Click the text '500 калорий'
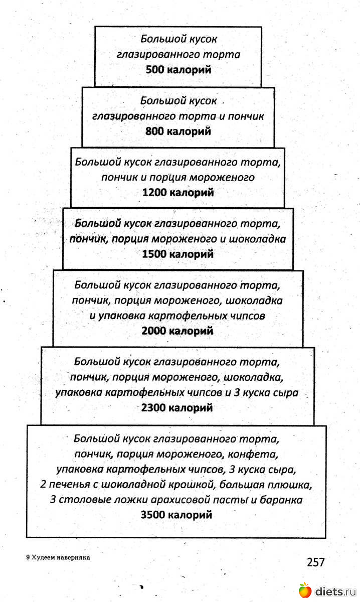pyautogui.click(x=178, y=70)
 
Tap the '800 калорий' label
pyautogui.click(x=178, y=131)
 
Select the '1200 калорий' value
pyautogui.click(x=178, y=192)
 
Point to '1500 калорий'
pyautogui.click(x=178, y=254)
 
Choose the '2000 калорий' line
pyautogui.click(x=177, y=331)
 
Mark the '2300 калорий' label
pyautogui.click(x=177, y=408)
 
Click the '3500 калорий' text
pyautogui.click(x=177, y=515)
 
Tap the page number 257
pyautogui.click(x=316, y=562)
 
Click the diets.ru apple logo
pyautogui.click(x=304, y=591)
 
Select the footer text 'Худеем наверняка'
pyautogui.click(x=63, y=557)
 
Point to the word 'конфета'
pyautogui.click(x=253, y=455)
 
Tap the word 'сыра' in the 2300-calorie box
pyautogui.click(x=286, y=393)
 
